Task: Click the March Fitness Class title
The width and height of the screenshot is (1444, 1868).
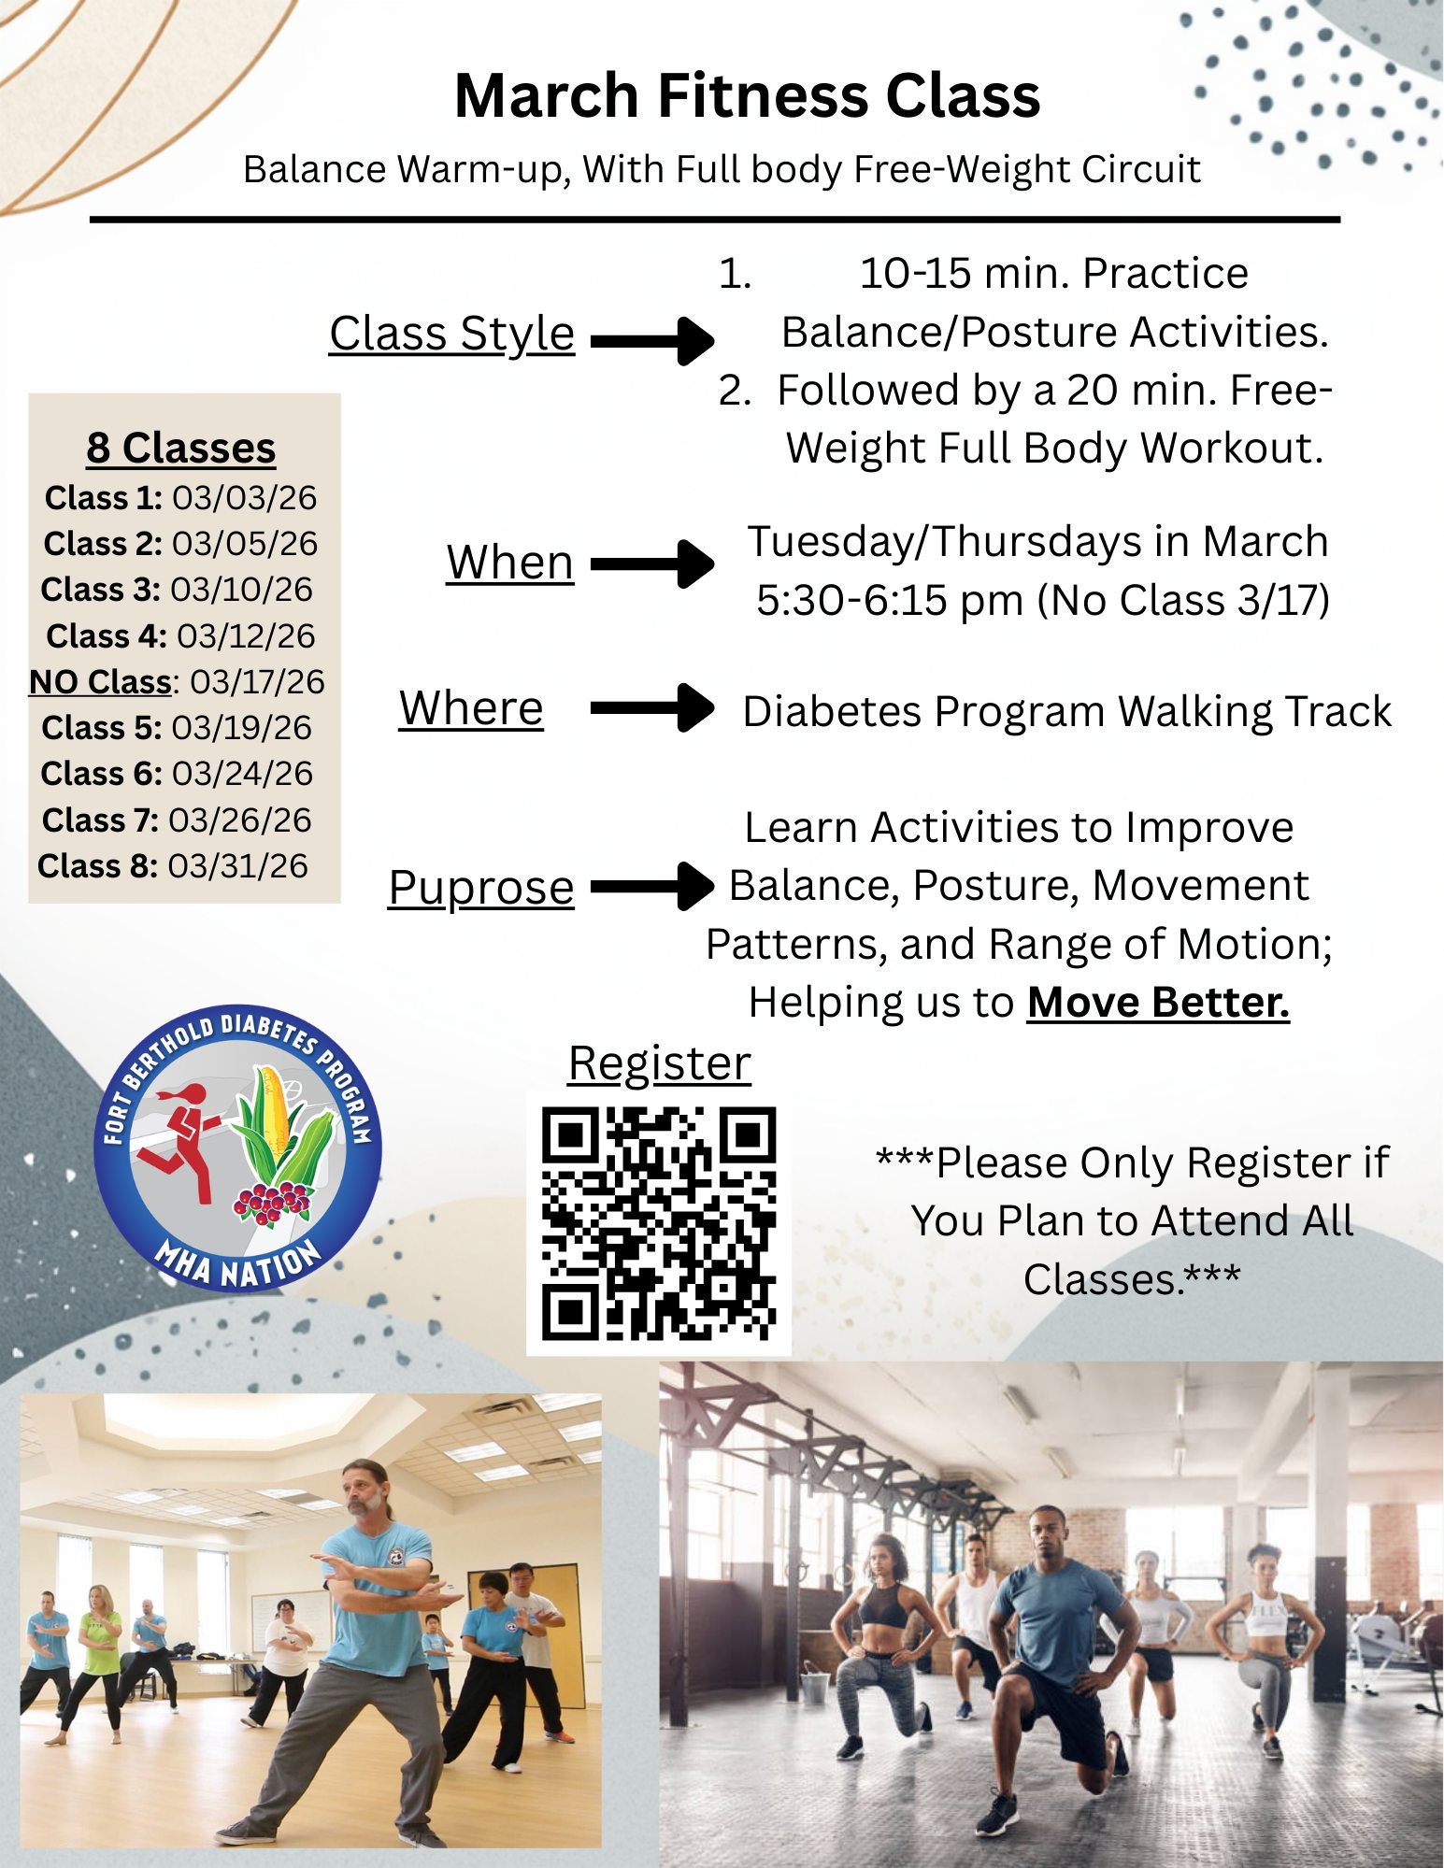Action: pos(747,95)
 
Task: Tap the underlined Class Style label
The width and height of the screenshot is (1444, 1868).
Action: pos(451,335)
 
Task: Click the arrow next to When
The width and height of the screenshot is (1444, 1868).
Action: pos(652,563)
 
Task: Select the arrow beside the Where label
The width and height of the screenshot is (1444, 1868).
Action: pos(652,707)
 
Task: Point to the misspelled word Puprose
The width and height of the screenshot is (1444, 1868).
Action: pos(481,888)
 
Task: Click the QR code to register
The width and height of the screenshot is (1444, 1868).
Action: pos(659,1223)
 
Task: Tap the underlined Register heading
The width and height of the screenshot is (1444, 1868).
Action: pos(660,1064)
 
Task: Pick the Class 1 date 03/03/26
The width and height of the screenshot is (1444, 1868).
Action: pos(245,498)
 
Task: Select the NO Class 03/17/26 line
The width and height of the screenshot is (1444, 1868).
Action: pos(177,682)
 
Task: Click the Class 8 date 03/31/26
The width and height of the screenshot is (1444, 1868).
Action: pos(237,866)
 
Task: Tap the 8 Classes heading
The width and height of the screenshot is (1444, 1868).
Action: pos(181,448)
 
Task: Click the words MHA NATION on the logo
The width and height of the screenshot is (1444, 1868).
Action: pos(237,1264)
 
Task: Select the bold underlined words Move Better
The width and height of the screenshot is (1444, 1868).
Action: pos(1158,1003)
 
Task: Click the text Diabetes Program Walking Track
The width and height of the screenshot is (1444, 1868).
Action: pos(1066,711)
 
